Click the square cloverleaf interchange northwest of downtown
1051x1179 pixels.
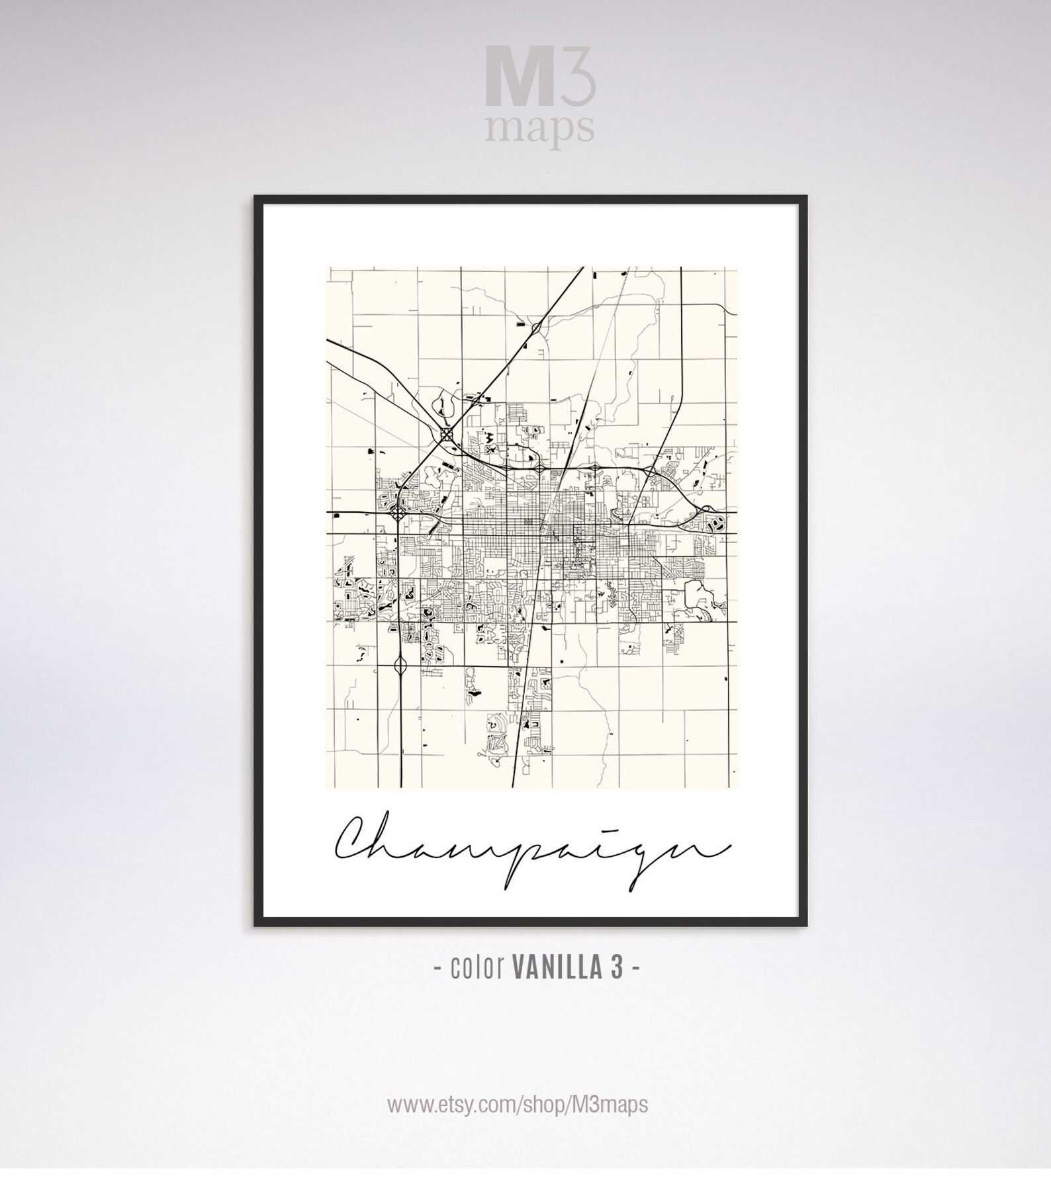pos(447,433)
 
